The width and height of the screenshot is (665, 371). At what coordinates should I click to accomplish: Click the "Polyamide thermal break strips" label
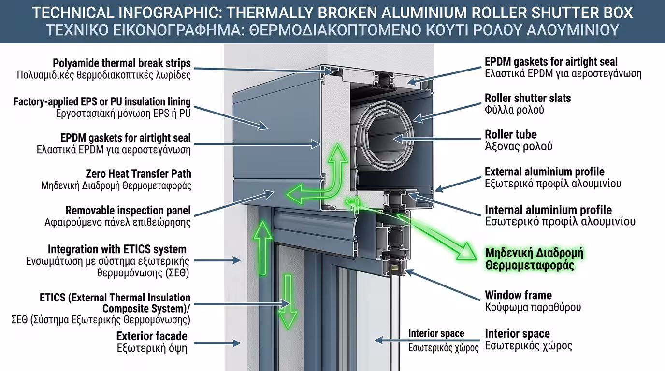(x=122, y=63)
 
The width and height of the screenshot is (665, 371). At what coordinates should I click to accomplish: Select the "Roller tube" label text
(x=511, y=134)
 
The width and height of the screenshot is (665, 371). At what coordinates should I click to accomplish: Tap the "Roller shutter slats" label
(x=528, y=98)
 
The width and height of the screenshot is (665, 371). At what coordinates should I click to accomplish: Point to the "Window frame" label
(x=518, y=295)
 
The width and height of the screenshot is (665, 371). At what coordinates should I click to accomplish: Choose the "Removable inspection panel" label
(x=128, y=211)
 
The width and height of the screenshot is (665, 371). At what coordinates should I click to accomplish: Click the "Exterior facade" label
(x=152, y=336)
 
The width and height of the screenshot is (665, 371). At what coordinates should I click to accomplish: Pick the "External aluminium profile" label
(x=545, y=171)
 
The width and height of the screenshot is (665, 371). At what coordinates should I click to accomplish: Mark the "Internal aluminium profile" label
(x=548, y=210)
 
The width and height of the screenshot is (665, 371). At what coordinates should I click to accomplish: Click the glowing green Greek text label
(x=534, y=259)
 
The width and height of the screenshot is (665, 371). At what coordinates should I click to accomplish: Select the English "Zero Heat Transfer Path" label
(x=138, y=173)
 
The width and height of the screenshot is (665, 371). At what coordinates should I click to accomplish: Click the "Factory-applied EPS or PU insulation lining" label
(x=102, y=102)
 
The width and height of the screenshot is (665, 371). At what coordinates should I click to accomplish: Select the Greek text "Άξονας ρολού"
(x=519, y=146)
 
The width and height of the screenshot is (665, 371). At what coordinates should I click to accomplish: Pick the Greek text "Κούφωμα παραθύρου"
(x=533, y=307)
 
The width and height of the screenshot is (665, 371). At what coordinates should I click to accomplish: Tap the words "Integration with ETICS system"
(x=117, y=249)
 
